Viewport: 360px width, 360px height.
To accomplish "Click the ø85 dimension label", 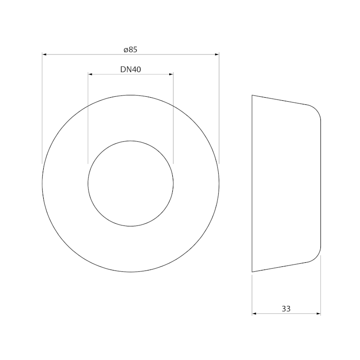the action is (x=130, y=49).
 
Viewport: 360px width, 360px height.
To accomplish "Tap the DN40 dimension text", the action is (x=130, y=69).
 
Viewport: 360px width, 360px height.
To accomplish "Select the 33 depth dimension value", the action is (x=286, y=309).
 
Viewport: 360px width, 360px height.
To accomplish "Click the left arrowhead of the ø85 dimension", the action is (x=44, y=54).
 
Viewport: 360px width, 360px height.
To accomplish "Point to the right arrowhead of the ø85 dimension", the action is (x=217, y=54).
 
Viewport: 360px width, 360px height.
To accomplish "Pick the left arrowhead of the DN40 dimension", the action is (x=90, y=74).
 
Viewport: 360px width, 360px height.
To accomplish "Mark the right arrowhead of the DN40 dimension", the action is (x=171, y=74).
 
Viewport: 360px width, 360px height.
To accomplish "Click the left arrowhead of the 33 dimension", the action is (x=254, y=314).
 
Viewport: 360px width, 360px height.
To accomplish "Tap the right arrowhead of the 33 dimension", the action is (x=319, y=314).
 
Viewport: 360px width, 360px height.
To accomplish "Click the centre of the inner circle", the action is (x=130, y=184).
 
